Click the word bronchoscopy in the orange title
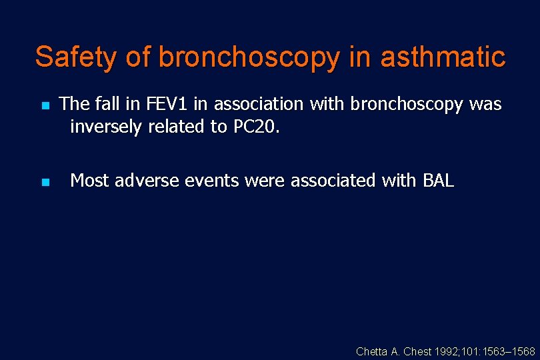(x=249, y=58)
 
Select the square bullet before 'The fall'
(x=45, y=106)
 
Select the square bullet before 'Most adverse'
(x=45, y=182)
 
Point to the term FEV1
(x=167, y=105)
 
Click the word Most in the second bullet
(x=90, y=181)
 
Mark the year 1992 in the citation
(x=444, y=351)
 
